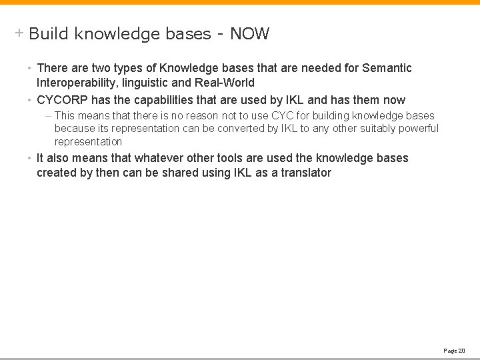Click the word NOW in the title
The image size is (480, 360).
(x=250, y=34)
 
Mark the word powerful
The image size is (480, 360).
(x=418, y=129)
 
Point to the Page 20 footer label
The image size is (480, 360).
(x=454, y=350)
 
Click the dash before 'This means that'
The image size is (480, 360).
(x=49, y=116)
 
